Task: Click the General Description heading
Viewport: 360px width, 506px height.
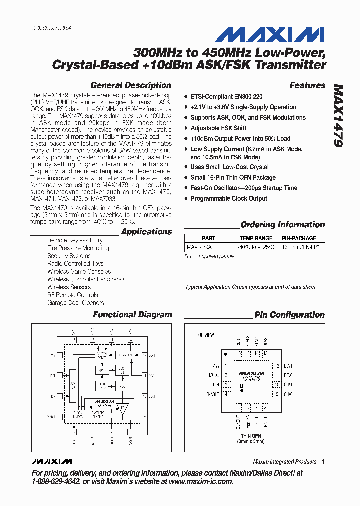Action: tap(131, 85)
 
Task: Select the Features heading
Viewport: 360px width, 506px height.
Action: tap(307, 85)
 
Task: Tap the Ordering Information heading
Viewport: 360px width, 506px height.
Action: tap(282, 225)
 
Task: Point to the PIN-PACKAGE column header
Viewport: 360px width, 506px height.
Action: tap(299, 238)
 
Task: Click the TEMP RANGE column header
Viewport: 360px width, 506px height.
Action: tap(256, 238)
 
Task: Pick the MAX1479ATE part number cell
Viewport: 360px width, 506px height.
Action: tap(202, 247)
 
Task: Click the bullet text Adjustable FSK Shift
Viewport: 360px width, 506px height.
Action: tap(218, 128)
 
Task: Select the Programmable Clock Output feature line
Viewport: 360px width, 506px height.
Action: tap(228, 198)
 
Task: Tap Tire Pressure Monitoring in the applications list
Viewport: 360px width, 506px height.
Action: tap(78, 248)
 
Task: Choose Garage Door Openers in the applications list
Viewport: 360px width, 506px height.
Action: tap(75, 303)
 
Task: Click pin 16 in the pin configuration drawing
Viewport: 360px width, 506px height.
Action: tap(239, 353)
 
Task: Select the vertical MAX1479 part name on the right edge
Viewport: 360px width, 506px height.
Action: tap(338, 115)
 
